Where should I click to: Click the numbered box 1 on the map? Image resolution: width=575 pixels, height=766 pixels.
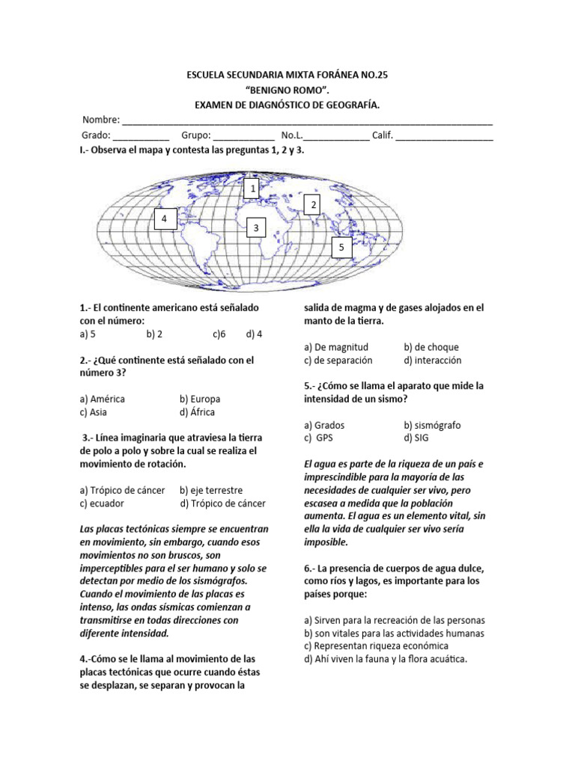coord(254,189)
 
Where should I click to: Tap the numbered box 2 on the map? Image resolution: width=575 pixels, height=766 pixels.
coord(314,205)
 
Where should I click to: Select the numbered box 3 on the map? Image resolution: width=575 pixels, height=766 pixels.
coord(255,227)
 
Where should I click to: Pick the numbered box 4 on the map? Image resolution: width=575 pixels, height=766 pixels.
coord(165,218)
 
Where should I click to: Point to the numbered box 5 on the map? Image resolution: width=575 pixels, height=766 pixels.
coord(341,247)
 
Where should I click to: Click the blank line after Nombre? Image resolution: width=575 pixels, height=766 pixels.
coord(307,121)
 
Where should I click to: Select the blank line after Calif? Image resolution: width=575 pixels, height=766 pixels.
coord(444,137)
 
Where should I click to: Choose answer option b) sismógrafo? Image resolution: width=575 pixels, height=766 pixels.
coord(432,425)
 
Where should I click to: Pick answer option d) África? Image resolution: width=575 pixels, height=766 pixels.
coord(198,412)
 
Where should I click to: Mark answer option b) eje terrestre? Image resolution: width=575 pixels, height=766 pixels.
coord(211,490)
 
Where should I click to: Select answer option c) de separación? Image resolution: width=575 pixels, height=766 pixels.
coord(338,360)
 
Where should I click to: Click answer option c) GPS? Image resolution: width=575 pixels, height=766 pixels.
coord(318,438)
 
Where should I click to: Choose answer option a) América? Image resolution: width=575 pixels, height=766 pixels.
coord(103,399)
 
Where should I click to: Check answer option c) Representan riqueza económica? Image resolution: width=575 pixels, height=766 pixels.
coord(376,646)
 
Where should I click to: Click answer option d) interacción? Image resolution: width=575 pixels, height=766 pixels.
coord(431,360)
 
